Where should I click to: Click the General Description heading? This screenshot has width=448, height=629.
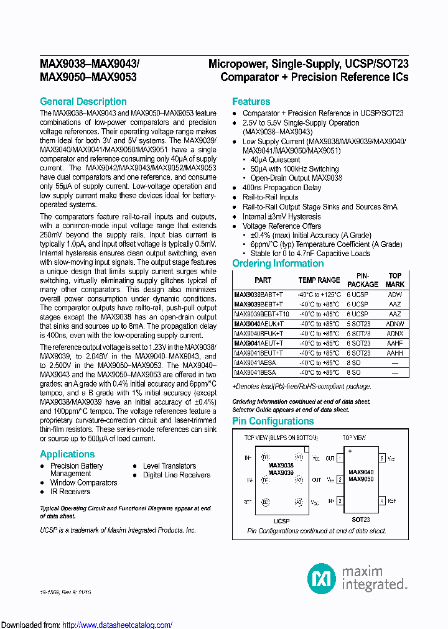point(83,101)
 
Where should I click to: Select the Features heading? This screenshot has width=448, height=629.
point(251,101)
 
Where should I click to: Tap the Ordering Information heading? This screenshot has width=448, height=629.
point(278,263)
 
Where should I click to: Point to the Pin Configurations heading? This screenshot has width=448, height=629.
point(273,421)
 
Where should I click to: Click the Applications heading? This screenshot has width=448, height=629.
point(67,454)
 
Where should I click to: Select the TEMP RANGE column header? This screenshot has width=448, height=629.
point(319,280)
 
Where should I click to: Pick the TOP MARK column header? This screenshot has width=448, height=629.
point(394,280)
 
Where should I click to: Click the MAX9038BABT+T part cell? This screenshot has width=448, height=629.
point(258,295)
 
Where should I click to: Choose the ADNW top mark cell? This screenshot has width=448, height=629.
point(394,324)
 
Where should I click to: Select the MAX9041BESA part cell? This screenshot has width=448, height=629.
point(254,372)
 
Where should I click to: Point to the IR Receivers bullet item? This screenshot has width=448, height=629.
point(70,492)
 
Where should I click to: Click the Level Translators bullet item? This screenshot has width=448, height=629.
point(169,466)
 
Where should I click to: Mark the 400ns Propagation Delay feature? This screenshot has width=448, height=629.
point(282,188)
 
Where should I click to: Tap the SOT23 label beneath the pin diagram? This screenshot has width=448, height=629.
point(360,519)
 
